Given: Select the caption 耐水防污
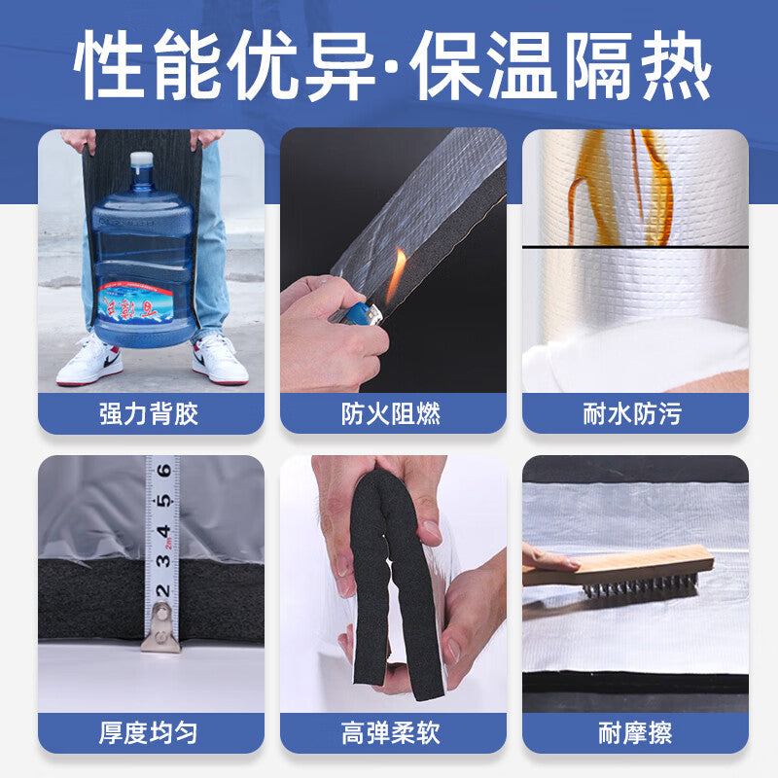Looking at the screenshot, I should point(633,414).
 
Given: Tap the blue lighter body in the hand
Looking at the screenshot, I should point(360,314).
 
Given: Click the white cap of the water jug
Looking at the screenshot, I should point(142,159).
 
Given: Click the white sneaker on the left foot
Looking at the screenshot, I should point(90,361).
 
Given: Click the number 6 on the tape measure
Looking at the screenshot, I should point(163,471).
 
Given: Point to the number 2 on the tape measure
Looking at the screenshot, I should point(162,590).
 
